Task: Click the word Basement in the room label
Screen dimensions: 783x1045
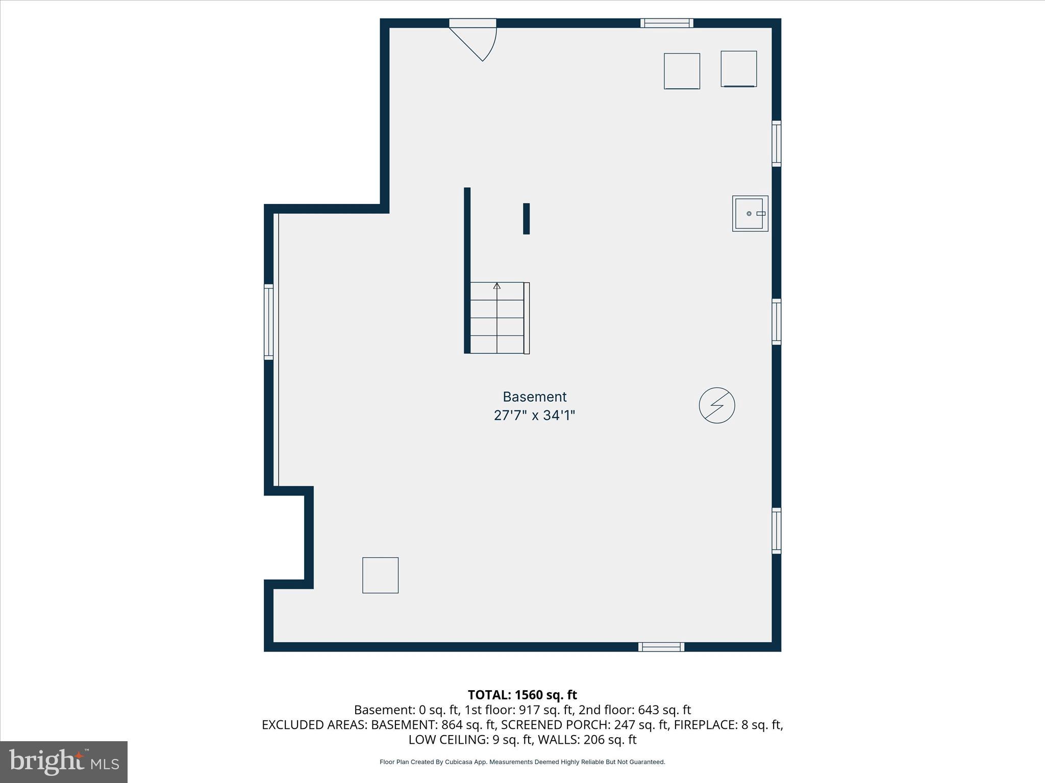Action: [534, 397]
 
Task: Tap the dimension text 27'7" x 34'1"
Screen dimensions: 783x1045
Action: [534, 415]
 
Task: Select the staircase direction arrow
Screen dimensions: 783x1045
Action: [497, 286]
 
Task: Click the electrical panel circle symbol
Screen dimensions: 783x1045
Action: [717, 405]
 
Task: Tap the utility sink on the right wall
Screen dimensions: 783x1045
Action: [750, 214]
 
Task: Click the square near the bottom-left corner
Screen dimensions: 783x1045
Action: [380, 575]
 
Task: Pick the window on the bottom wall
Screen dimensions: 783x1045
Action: [661, 647]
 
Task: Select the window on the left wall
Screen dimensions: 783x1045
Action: [268, 322]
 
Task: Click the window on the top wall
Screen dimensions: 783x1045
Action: [666, 23]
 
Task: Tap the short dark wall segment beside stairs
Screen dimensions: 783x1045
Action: [526, 219]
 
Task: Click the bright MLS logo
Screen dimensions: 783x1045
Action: [64, 762]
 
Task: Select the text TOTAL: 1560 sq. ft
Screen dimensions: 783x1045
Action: [522, 695]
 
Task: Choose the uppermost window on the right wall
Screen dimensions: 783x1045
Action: [776, 143]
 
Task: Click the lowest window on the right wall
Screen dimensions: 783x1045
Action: [776, 530]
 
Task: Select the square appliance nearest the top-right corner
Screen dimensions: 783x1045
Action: [738, 69]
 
